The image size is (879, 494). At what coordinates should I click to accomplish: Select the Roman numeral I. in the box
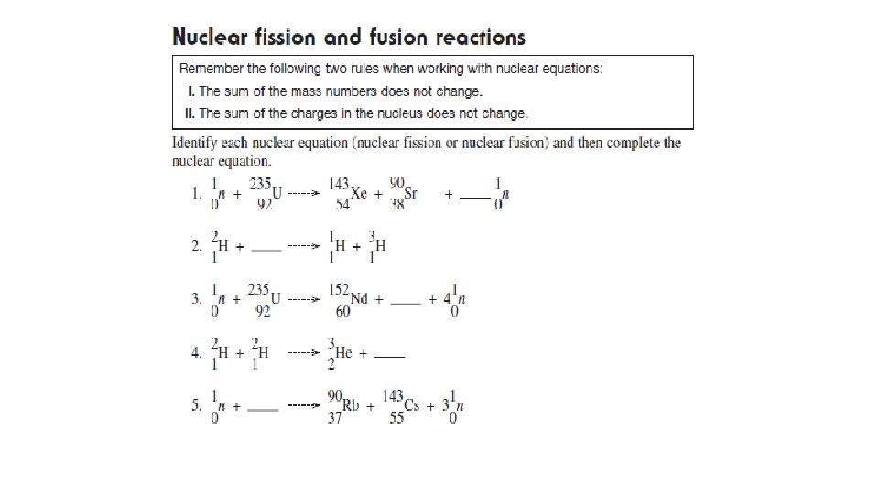click(x=190, y=91)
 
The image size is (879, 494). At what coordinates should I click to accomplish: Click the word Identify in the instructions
click(x=196, y=144)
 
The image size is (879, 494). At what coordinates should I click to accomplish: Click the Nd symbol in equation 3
click(x=361, y=299)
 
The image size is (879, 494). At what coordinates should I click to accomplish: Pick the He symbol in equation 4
click(x=343, y=352)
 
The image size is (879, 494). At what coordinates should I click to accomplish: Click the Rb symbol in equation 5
click(x=351, y=406)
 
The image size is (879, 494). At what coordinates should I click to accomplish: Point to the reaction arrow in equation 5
click(x=302, y=405)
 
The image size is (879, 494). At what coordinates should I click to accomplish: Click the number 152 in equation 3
click(x=339, y=290)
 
